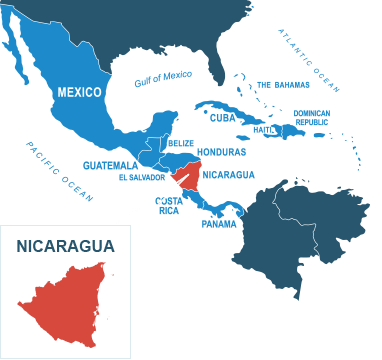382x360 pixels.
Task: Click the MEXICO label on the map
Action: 79,92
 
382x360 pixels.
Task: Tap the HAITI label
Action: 264,129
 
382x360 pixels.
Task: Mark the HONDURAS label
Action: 222,152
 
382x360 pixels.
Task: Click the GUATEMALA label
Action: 111,164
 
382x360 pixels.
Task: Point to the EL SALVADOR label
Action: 141,177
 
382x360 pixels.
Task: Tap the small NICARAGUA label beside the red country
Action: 229,175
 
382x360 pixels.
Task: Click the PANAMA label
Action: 219,224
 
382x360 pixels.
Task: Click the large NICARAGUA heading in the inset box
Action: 65,244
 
